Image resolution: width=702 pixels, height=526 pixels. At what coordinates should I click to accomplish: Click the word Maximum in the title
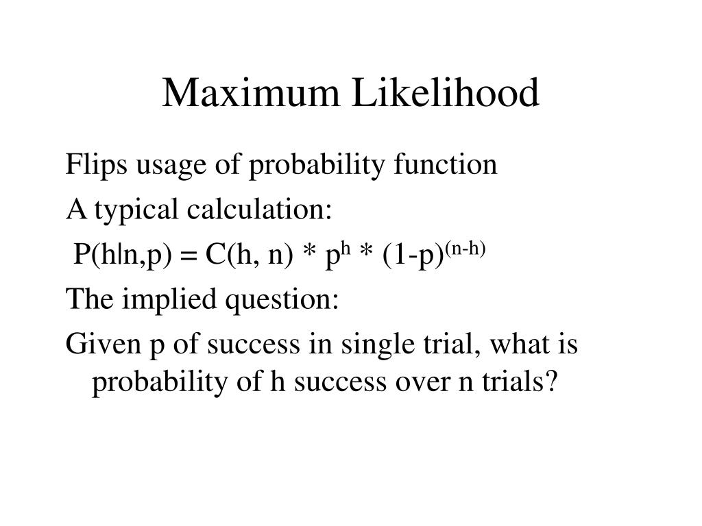click(251, 94)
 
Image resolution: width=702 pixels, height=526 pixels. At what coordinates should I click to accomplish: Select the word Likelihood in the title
click(446, 94)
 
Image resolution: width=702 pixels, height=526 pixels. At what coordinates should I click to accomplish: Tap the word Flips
click(91, 164)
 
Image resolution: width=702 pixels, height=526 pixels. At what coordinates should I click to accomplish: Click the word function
click(447, 164)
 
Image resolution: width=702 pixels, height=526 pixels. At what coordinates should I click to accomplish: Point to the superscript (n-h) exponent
click(467, 247)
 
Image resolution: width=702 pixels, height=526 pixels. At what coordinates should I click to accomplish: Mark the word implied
click(160, 299)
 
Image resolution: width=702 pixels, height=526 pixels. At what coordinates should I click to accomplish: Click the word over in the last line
click(424, 381)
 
